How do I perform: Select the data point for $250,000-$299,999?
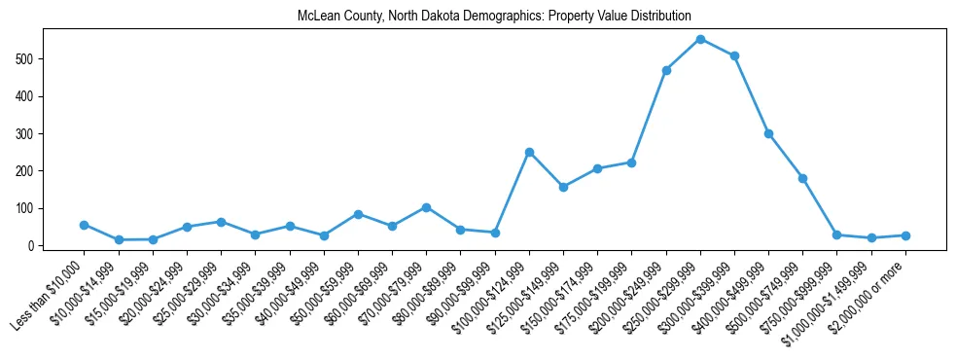tap(700, 39)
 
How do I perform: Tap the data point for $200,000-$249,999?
tap(666, 70)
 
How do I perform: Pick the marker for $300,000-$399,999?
tap(734, 55)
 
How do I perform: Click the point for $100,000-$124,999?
tap(529, 152)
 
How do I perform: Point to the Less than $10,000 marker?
tap(85, 225)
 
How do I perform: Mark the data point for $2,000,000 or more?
tap(905, 235)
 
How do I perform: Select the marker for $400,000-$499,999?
tap(768, 133)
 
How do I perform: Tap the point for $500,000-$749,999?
tap(802, 178)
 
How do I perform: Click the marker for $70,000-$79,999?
tap(426, 207)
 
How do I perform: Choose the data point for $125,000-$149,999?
tap(563, 187)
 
